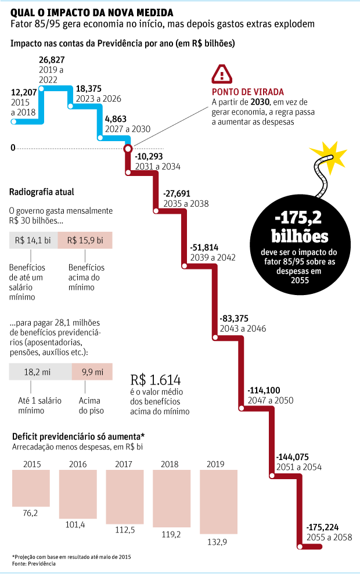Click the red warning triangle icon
tap(222, 74)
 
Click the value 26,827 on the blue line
tap(52, 60)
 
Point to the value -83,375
tap(235, 319)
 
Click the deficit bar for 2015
tap(31, 488)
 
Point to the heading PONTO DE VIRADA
tap(248, 92)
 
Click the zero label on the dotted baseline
tap(13, 148)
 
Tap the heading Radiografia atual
tap(42, 192)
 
